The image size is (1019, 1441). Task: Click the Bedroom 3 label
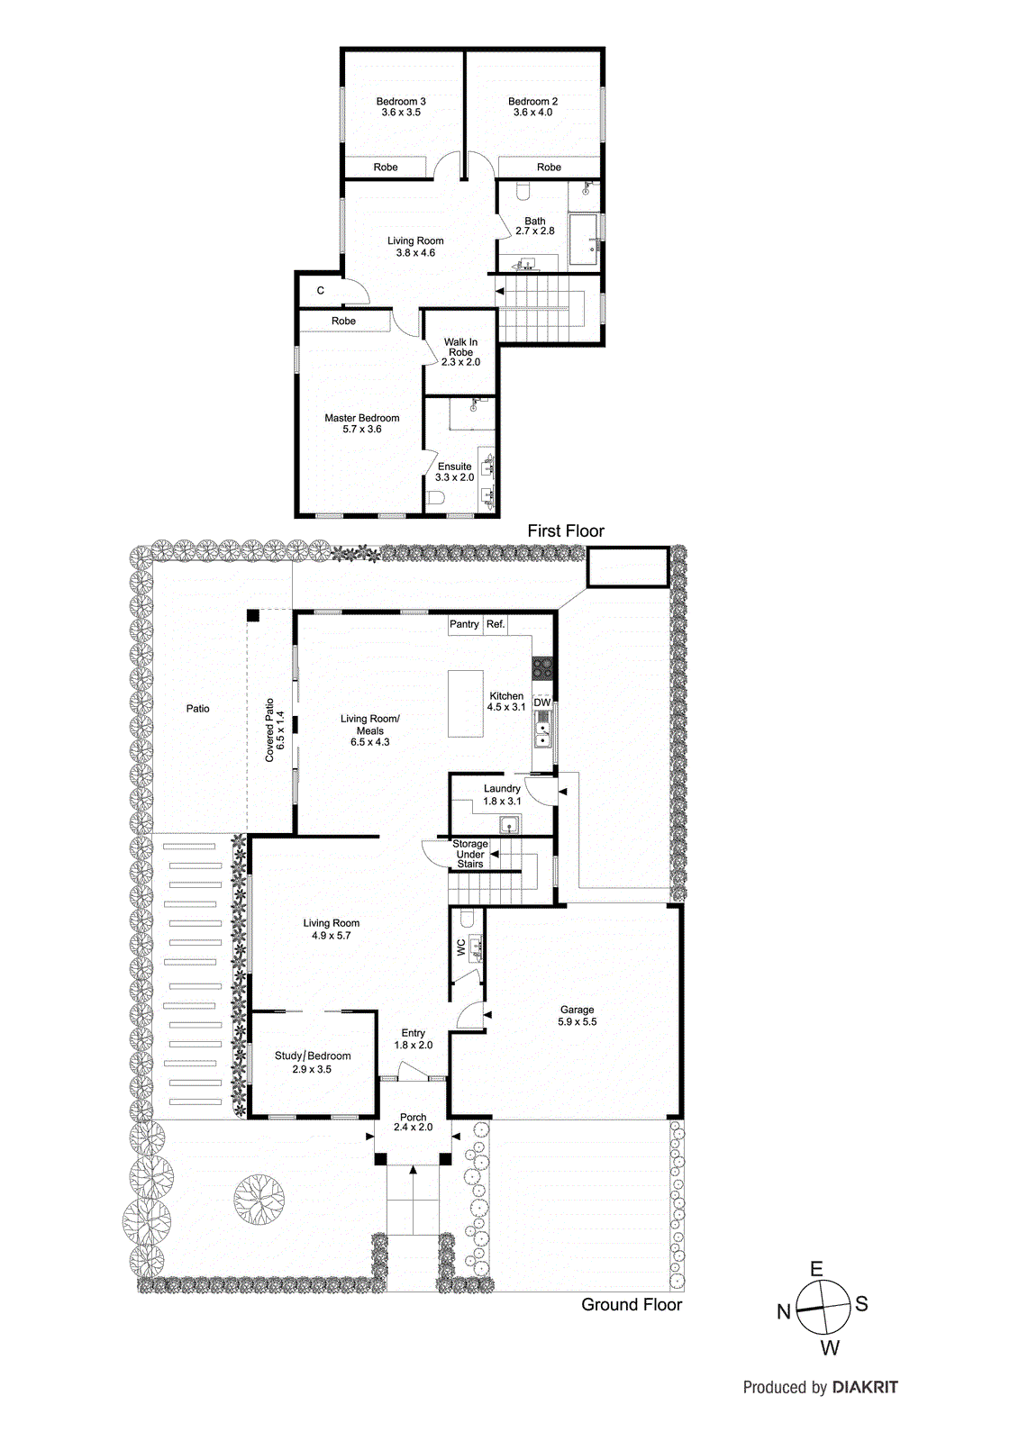(401, 102)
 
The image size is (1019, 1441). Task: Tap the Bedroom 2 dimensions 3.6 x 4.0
(532, 113)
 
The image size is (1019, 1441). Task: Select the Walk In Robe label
(460, 347)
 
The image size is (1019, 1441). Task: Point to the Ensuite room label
(454, 467)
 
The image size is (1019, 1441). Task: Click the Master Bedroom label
(361, 418)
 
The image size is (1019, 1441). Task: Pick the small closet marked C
(321, 291)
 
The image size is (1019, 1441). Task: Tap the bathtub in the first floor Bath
(584, 240)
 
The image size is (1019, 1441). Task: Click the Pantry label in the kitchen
(465, 624)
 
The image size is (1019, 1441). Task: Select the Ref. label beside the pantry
(496, 624)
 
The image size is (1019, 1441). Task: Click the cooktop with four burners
(542, 668)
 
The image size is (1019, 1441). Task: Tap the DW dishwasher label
(541, 702)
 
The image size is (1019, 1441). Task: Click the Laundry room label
(502, 789)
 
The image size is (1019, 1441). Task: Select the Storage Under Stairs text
(469, 854)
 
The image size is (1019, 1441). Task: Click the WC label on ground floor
(461, 947)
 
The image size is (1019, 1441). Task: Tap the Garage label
(577, 1011)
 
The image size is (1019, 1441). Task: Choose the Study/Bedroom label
(313, 1056)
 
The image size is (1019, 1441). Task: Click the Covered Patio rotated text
(269, 730)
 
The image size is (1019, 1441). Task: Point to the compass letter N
(784, 1312)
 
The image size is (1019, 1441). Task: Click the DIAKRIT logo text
(865, 1387)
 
